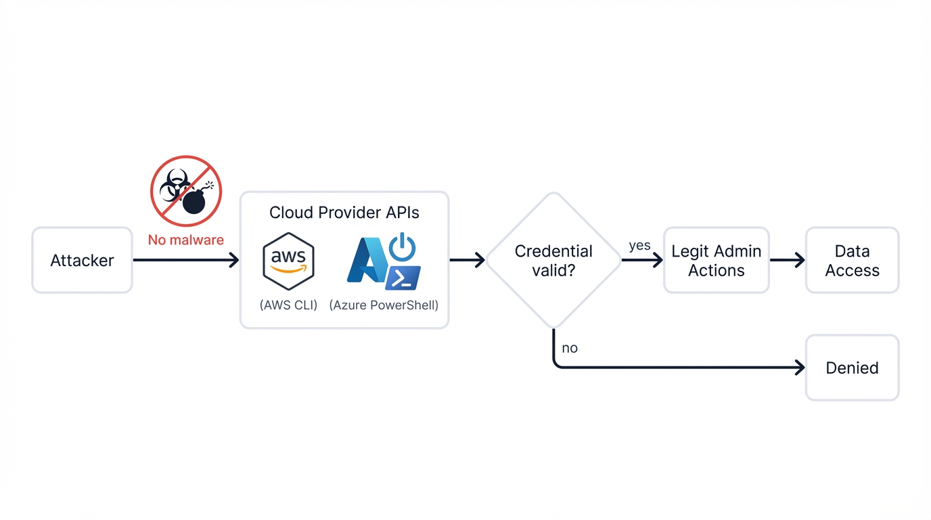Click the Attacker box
point(82,260)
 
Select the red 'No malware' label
point(185,240)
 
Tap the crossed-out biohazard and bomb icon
point(186,191)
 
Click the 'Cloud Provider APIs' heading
point(344,213)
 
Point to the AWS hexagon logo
point(288,261)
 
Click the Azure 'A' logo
point(366,261)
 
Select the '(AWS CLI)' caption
point(288,305)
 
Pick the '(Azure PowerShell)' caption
point(384,305)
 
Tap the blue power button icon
point(403,247)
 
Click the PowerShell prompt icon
point(403,278)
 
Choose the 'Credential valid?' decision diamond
point(553,261)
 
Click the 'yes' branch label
point(639,246)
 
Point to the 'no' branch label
point(570,348)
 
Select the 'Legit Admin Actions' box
point(716,261)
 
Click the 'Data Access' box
point(852,261)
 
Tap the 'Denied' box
point(852,368)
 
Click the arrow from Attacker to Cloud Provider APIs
point(185,260)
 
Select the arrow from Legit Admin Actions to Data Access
point(787,260)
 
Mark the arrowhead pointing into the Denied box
point(800,368)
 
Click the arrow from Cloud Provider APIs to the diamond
point(467,260)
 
